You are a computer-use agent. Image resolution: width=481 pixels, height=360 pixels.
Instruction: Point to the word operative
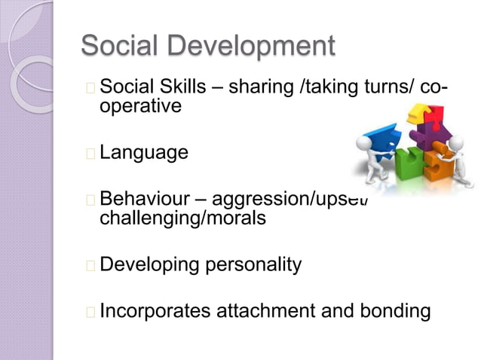[141, 106]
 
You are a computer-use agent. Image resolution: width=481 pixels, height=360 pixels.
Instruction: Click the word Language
[144, 153]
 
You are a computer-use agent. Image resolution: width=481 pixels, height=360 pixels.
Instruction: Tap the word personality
[248, 265]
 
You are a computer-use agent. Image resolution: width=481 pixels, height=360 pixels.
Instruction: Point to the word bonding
[396, 311]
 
